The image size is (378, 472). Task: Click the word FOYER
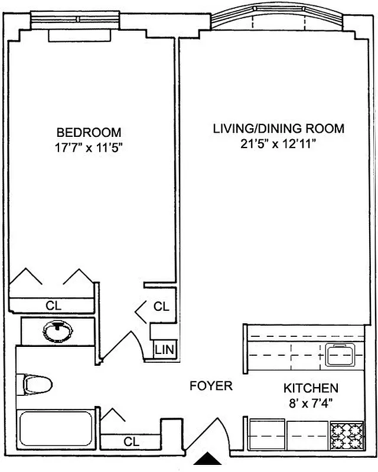coord(211,386)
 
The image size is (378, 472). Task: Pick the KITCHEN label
coord(311,388)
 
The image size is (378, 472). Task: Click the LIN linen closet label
coord(165,349)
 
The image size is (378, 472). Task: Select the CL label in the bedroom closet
coord(54,306)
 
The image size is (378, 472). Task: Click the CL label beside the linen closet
coord(161,307)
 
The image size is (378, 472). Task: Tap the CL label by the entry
coord(131,441)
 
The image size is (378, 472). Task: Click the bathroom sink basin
coord(57,330)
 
